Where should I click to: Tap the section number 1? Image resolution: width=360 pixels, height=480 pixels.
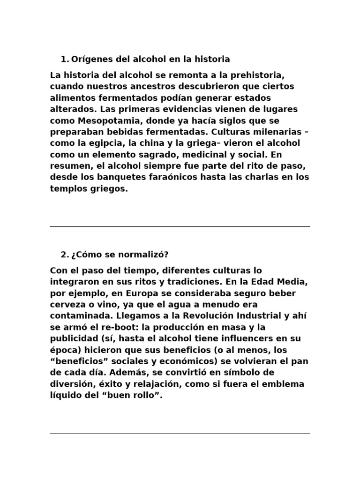pos(64,59)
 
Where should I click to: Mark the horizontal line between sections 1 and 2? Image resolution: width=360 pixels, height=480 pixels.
pos(180,227)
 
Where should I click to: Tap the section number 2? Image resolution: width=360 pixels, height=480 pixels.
pos(64,255)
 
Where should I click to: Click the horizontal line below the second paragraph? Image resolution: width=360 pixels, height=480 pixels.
pos(180,434)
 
